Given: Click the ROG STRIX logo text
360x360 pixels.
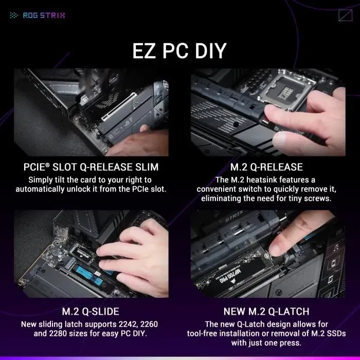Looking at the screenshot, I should (x=44, y=15).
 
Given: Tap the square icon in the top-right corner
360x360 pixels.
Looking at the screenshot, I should (x=345, y=15).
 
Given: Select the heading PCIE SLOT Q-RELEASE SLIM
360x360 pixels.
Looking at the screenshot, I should (x=91, y=167).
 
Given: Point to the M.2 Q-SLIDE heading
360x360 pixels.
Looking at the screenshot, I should (x=91, y=312).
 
